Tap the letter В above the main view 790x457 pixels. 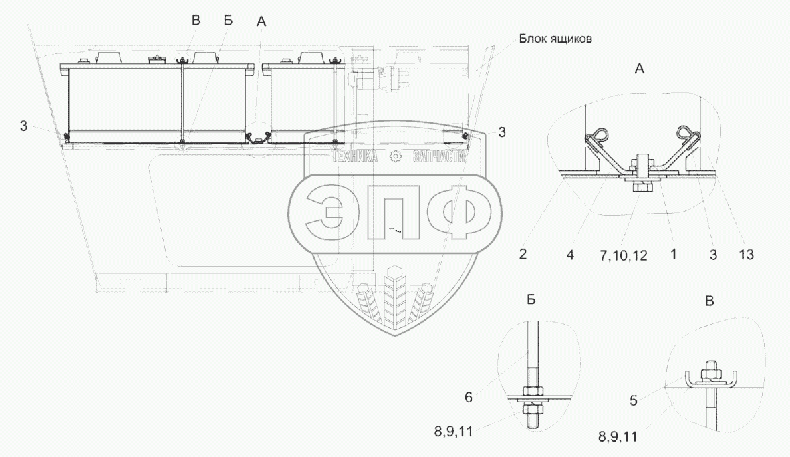pos(196,21)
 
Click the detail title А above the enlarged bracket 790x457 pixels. pos(638,68)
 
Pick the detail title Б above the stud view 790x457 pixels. pos(531,301)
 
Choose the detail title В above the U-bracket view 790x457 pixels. pos(710,301)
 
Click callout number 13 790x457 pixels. pos(745,253)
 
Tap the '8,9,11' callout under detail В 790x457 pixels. pos(618,437)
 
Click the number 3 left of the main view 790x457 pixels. pos(24,126)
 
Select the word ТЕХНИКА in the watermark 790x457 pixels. pos(354,157)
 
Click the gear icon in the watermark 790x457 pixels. pos(396,157)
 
